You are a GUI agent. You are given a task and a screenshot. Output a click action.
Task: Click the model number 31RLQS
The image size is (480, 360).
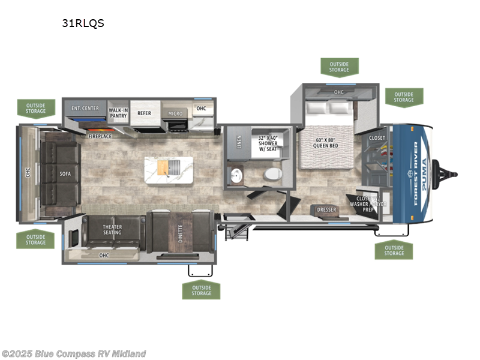pyautogui.click(x=83, y=24)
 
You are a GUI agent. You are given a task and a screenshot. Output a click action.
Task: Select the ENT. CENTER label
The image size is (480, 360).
pyautogui.click(x=85, y=109)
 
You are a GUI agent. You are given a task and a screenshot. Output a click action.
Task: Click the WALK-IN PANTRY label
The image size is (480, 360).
pyautogui.click(x=118, y=113)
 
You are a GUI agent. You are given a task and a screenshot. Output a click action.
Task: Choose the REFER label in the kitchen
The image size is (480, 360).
pyautogui.click(x=144, y=113)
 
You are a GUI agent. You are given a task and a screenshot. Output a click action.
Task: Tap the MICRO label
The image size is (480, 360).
pyautogui.click(x=175, y=113)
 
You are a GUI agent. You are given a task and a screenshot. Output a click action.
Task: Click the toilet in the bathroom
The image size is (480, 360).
pyautogui.click(x=274, y=174)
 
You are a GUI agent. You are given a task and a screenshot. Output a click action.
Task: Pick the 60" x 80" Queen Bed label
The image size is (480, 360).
pyautogui.click(x=328, y=144)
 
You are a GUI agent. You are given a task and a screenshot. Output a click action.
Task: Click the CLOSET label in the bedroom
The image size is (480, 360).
pyautogui.click(x=377, y=138)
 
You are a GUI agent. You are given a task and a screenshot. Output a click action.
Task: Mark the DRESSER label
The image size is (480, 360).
pyautogui.click(x=327, y=209)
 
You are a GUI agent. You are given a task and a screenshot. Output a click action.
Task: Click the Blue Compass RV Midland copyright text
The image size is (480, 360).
pyautogui.click(x=73, y=354)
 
